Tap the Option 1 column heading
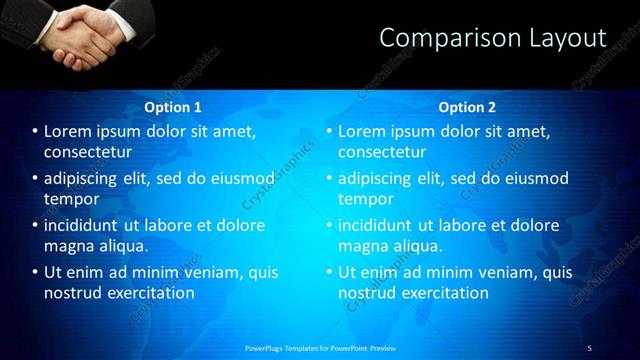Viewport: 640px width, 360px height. tap(173, 107)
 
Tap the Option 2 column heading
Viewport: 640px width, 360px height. tap(467, 107)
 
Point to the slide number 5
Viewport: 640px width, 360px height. tap(589, 347)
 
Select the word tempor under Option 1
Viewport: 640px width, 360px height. tap(69, 198)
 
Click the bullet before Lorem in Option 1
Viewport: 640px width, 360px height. tap(35, 131)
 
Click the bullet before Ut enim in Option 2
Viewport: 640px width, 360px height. tap(329, 272)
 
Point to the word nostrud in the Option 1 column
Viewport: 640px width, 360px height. tap(72, 293)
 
